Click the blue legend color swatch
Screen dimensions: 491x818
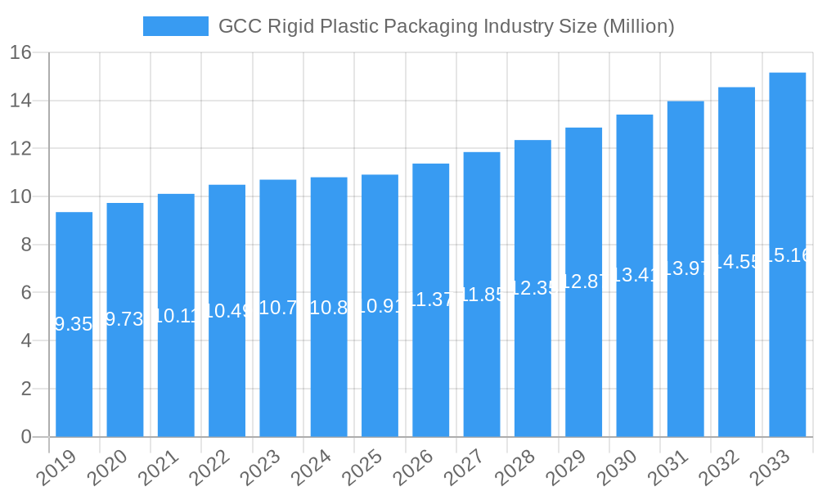pyautogui.click(x=175, y=26)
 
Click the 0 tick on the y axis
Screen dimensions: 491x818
pyautogui.click(x=26, y=437)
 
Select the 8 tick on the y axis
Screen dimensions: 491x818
pyautogui.click(x=26, y=245)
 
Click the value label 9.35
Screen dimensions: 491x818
pyautogui.click(x=74, y=324)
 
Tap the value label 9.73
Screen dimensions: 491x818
pyautogui.click(x=125, y=320)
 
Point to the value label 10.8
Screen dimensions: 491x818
pyautogui.click(x=329, y=307)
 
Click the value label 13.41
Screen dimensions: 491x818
pyautogui.click(x=635, y=275)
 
